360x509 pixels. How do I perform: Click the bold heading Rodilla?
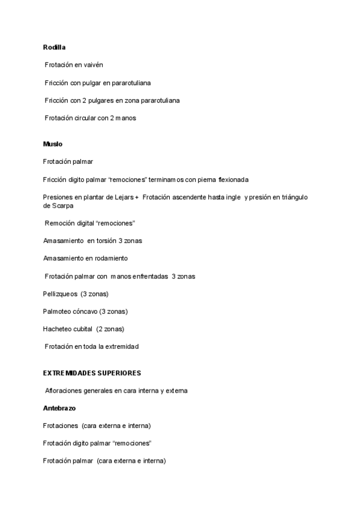point(54,47)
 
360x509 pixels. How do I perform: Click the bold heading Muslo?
point(53,144)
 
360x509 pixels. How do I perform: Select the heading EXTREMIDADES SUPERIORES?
point(92,373)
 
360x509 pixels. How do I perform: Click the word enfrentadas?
point(148,276)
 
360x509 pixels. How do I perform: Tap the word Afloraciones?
point(65,391)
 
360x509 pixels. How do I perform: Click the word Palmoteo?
point(58,312)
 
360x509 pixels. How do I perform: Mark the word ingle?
point(232,197)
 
